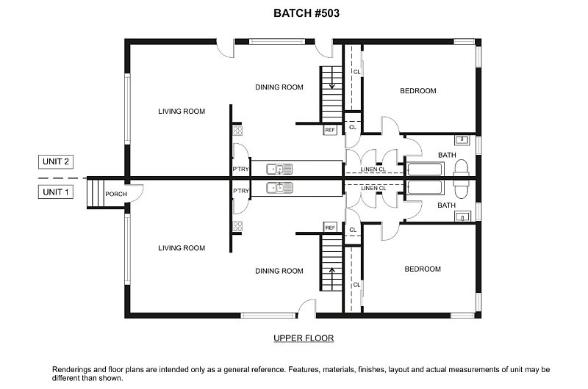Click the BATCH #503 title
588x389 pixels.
pos(306,13)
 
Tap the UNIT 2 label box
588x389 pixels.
pos(56,161)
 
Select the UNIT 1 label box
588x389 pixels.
pos(56,192)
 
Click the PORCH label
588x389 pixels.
pos(116,194)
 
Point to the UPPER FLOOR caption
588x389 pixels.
pos(304,338)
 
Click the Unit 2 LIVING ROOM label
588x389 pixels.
pos(182,112)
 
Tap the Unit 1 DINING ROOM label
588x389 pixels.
pos(279,271)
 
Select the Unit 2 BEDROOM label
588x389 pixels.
pos(417,91)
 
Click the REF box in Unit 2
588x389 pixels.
pos(330,130)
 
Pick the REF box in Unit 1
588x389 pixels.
pos(330,228)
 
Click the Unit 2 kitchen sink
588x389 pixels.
pos(280,168)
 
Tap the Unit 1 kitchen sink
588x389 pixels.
pos(280,188)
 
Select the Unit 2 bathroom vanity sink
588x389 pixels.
pos(464,139)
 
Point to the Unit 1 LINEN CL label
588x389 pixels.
pos(373,189)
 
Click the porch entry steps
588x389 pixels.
pos(93,193)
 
